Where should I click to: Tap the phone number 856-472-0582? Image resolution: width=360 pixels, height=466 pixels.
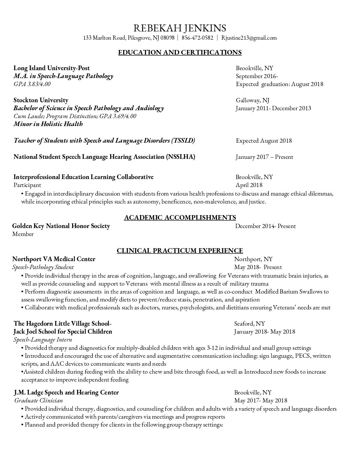(x=197, y=38)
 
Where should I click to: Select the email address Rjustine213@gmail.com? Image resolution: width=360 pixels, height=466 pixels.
(x=249, y=38)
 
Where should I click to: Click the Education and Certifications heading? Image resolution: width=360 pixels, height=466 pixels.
(x=180, y=52)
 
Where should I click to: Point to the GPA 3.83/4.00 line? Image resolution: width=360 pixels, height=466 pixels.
(x=32, y=84)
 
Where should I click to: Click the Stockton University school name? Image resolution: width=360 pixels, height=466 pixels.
(x=41, y=100)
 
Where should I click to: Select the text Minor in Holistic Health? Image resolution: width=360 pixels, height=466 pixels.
(x=48, y=124)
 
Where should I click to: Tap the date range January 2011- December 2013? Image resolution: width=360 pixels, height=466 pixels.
(x=273, y=108)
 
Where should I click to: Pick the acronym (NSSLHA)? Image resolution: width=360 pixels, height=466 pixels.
(x=180, y=157)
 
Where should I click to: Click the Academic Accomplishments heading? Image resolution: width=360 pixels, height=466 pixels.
(x=180, y=217)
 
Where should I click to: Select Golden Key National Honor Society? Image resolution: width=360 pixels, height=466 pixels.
(x=61, y=226)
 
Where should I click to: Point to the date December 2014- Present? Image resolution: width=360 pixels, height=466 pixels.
(x=265, y=226)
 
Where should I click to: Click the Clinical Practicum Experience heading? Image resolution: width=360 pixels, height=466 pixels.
(x=180, y=251)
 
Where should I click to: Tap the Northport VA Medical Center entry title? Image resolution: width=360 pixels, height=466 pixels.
(x=54, y=259)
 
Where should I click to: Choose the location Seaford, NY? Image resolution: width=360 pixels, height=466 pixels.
(x=249, y=323)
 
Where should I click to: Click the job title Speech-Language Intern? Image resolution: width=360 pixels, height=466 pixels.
(x=43, y=340)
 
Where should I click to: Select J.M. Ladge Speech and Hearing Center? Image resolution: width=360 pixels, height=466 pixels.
(x=66, y=393)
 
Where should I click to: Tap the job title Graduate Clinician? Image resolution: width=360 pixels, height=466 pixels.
(x=38, y=400)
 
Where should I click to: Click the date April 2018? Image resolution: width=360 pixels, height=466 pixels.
(x=249, y=185)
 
